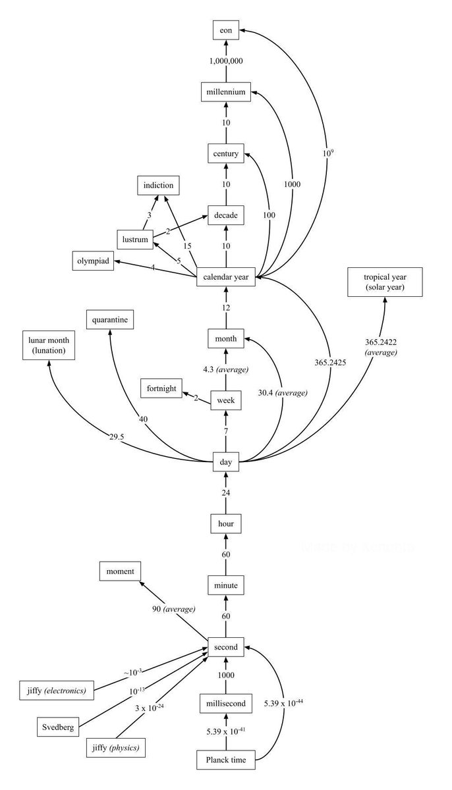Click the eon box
point(226,30)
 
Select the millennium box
point(226,92)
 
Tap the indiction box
point(158,185)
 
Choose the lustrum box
point(135,240)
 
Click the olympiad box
point(93,261)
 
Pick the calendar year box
point(226,277)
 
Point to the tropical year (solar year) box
point(385,282)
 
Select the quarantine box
point(110,319)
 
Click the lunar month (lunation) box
point(49,345)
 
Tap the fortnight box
point(161,388)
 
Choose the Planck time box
point(226,760)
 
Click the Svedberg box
point(58,727)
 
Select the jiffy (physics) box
point(116,747)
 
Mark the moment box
point(120,571)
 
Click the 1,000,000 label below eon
point(226,61)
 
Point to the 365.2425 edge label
point(330,362)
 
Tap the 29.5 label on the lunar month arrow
point(117,437)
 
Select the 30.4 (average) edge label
point(283,392)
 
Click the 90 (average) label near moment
point(173,609)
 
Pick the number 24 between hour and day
point(226,492)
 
